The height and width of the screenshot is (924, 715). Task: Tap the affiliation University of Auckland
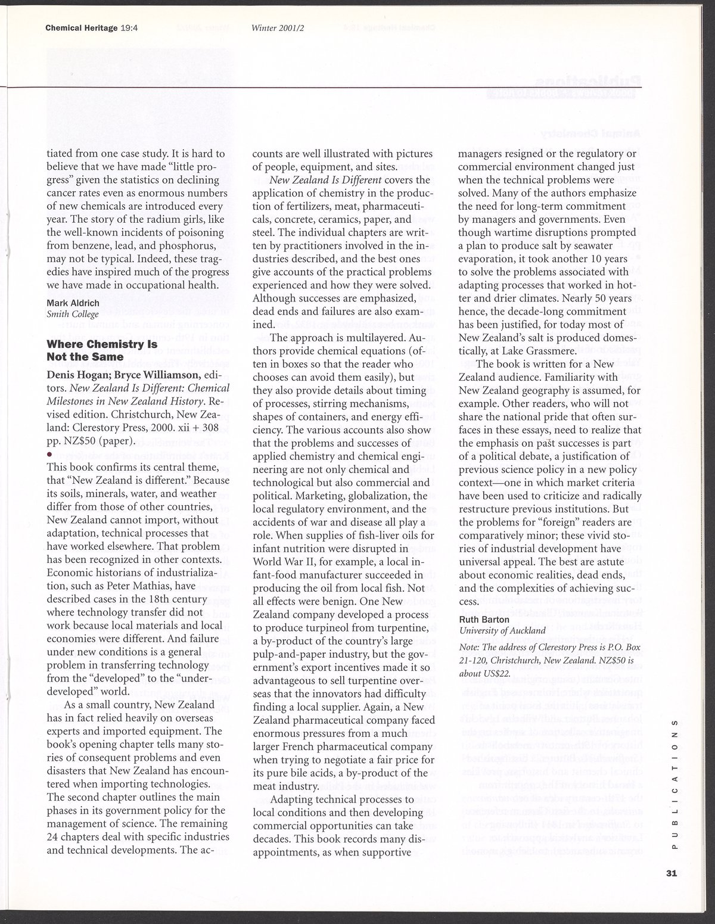[502, 630]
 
